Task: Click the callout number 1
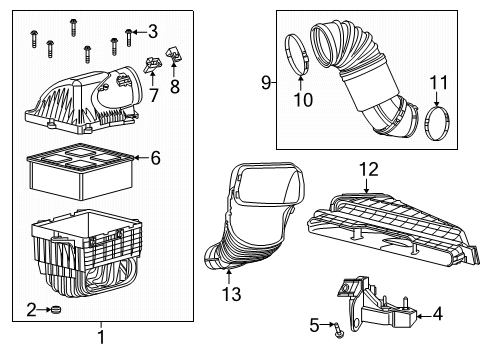click(x=101, y=339)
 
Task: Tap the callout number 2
click(x=31, y=310)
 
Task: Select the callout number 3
click(x=152, y=30)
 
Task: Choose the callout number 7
click(x=153, y=95)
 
